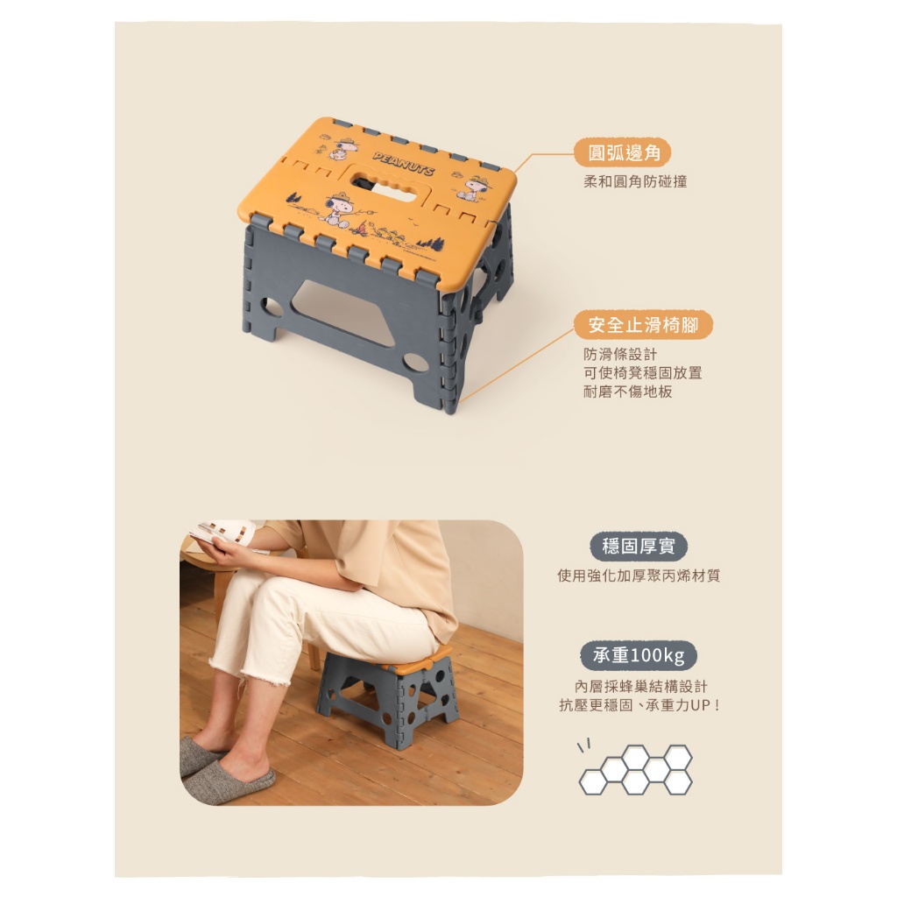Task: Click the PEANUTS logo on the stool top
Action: click(x=403, y=164)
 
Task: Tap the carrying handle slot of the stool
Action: click(x=382, y=183)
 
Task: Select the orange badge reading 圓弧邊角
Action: click(x=623, y=152)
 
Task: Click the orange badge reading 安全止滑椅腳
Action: click(x=643, y=325)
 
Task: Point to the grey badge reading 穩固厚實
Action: click(x=639, y=547)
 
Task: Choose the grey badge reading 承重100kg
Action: click(x=639, y=655)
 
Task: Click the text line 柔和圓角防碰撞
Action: click(x=635, y=182)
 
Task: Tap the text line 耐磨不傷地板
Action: click(x=627, y=392)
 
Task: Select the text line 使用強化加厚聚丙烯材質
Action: click(x=639, y=576)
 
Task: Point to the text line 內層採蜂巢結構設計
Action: click(x=640, y=686)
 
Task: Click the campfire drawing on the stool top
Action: click(x=360, y=229)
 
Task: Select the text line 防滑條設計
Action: click(x=620, y=354)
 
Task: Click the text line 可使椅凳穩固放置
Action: click(x=642, y=373)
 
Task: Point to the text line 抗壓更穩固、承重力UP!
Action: click(x=639, y=705)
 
